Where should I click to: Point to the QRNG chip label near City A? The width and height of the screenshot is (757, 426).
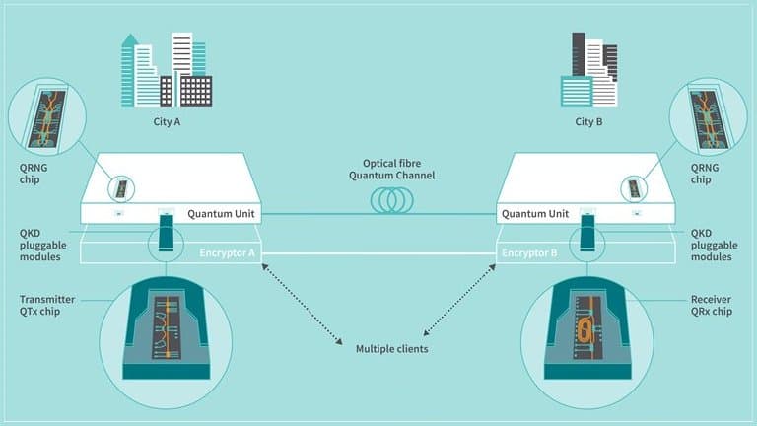[x=33, y=174]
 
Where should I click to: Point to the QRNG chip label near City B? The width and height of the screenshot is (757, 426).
[x=723, y=174]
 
